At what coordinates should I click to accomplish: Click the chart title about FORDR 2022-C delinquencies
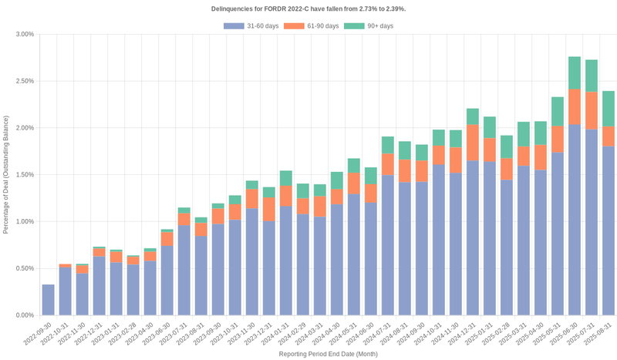coord(308,8)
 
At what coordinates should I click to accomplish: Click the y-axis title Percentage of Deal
coord(7,175)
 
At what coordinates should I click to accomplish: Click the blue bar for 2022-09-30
coord(48,300)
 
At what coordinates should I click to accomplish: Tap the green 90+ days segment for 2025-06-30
coord(575,72)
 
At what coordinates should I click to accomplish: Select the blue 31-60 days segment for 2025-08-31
coord(609,230)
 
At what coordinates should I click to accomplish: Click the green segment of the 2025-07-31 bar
coord(592,76)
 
